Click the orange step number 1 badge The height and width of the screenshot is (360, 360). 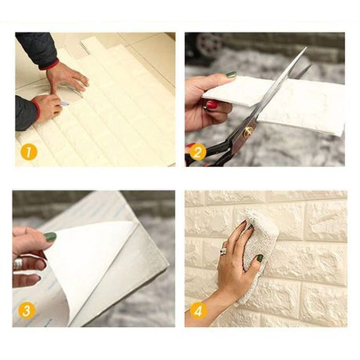[x=29, y=152]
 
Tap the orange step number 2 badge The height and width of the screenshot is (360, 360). [x=198, y=152]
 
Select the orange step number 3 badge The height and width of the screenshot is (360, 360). [x=27, y=311]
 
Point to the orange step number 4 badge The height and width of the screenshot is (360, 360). [x=198, y=311]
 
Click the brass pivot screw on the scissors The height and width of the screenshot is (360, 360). [x=248, y=132]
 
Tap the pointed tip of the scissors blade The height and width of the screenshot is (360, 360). [x=306, y=48]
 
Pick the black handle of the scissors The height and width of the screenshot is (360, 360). [x=209, y=155]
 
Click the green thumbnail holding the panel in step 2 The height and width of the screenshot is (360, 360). [x=231, y=75]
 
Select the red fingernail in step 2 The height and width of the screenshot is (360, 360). [x=213, y=105]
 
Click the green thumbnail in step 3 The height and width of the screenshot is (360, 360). [x=50, y=237]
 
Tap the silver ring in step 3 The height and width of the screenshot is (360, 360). [x=18, y=264]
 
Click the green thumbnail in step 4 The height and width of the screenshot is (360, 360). [x=260, y=258]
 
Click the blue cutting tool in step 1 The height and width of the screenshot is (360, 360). [x=64, y=104]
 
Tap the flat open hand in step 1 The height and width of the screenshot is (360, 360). [x=67, y=76]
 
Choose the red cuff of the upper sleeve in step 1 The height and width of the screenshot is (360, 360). [x=50, y=64]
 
